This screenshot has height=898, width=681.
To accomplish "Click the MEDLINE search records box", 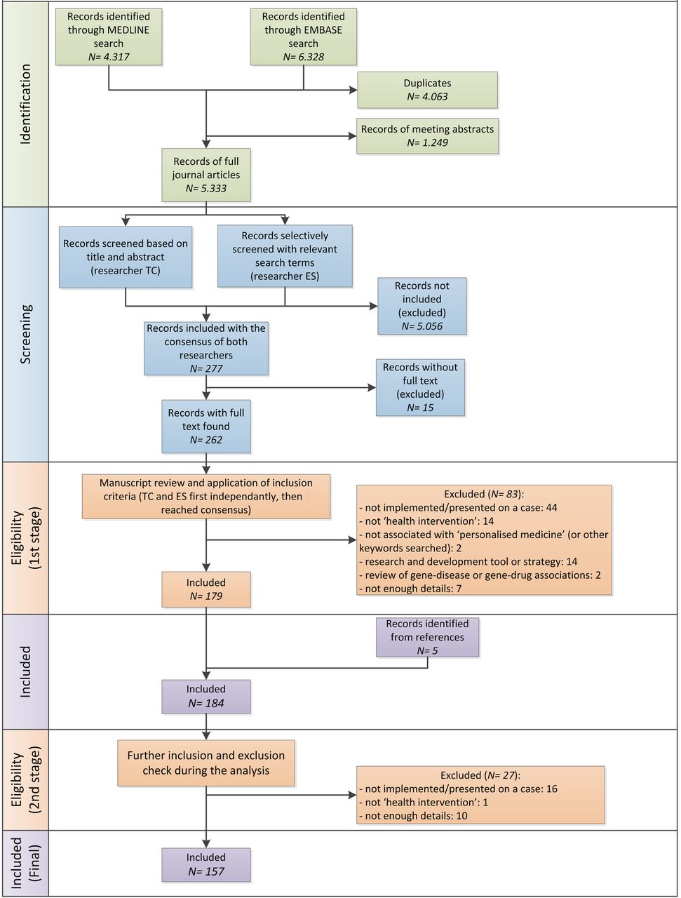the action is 109,36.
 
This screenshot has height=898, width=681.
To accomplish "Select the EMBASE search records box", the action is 304,36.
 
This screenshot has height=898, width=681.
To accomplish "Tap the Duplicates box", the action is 427,90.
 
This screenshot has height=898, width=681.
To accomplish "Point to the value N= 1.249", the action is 427,143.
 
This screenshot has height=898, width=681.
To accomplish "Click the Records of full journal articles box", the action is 206,175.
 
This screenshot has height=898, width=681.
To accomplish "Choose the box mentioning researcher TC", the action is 126,257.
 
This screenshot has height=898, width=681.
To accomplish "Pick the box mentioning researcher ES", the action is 285,255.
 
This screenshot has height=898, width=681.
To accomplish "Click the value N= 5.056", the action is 422,326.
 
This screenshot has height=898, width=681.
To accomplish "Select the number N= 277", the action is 206,368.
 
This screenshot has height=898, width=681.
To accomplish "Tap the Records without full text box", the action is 421,387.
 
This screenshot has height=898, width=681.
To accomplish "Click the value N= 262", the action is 206,440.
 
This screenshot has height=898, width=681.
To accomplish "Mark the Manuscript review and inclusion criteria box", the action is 206,496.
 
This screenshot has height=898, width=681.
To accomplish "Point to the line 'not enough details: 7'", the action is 410,589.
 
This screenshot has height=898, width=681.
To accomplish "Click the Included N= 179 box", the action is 206,589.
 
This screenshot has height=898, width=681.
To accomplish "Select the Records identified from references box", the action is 427,637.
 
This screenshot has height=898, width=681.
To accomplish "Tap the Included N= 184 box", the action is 206,697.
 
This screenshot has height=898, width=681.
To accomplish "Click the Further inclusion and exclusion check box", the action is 206,763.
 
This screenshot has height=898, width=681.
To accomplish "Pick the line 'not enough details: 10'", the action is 413,815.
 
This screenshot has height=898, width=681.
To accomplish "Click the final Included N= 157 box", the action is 206,864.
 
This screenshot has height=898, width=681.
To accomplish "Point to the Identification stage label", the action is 25,105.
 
